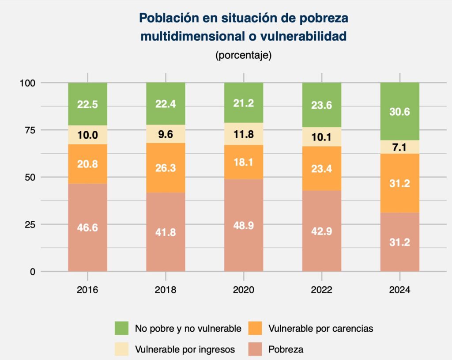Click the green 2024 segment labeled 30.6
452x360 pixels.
point(399,112)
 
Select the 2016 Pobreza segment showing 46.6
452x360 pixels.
point(87,227)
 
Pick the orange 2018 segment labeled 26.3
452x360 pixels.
point(166,167)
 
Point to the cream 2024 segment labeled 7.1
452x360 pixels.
point(399,147)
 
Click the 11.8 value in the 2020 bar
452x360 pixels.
point(244,134)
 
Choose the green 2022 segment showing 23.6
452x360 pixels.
point(321,105)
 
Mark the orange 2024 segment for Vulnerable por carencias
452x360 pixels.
point(399,183)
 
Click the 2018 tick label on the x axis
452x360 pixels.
point(166,290)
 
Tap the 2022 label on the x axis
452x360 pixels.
point(321,290)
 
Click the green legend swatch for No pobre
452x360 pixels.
point(122,328)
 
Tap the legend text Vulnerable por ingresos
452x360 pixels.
point(185,349)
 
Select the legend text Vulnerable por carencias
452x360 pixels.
point(320,328)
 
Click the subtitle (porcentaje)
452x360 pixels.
point(243,56)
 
